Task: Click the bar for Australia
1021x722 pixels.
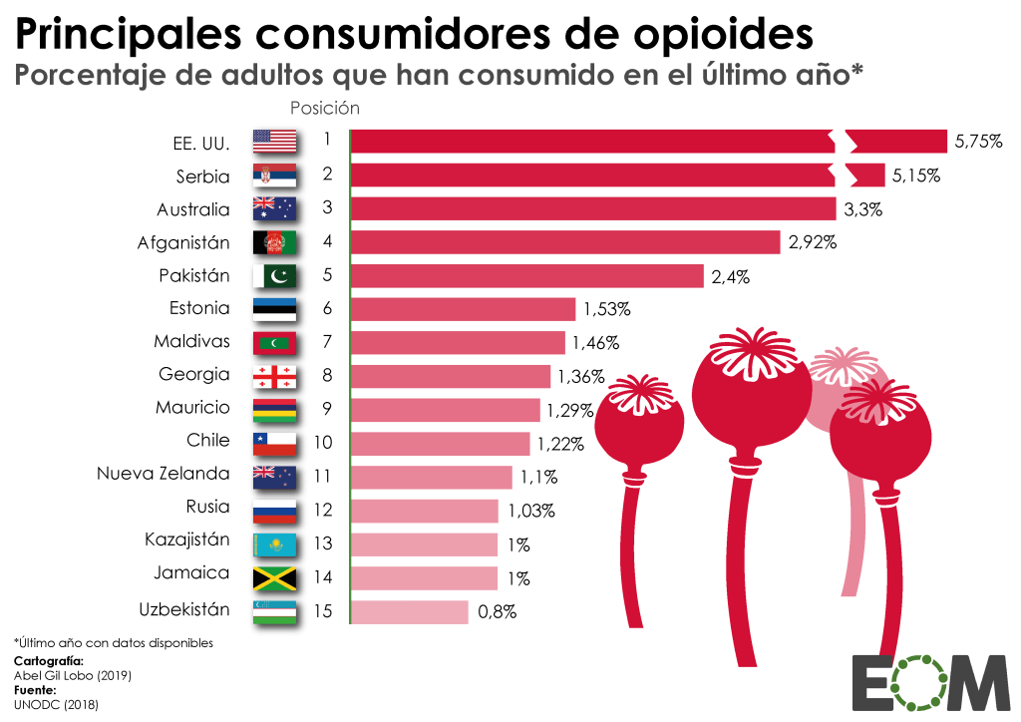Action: tap(592, 208)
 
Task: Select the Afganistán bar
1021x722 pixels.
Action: tap(564, 242)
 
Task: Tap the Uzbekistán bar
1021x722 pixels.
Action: tap(409, 611)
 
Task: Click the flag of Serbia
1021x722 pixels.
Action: tap(274, 176)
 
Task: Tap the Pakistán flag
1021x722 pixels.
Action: tap(274, 276)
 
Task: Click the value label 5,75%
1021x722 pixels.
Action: tap(977, 142)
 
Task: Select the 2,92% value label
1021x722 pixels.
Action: tap(812, 242)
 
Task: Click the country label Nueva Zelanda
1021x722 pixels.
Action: tap(163, 474)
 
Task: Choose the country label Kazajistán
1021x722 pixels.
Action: tap(186, 540)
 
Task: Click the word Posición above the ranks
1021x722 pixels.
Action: tap(325, 107)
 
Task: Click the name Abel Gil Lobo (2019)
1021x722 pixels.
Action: tap(72, 675)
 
